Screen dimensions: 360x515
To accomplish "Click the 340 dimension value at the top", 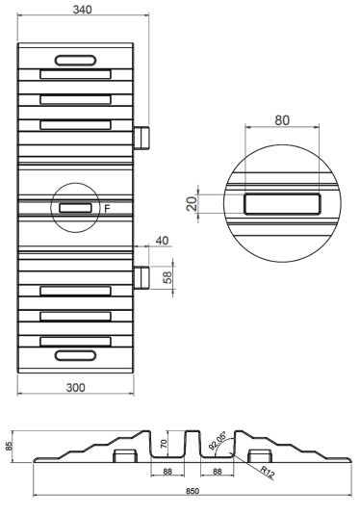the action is pyautogui.click(x=82, y=10).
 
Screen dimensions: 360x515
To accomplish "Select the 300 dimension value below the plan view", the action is pyautogui.click(x=75, y=388).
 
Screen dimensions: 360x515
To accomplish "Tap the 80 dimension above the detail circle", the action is pyautogui.click(x=282, y=120).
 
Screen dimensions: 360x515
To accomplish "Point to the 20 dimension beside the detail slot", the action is pyautogui.click(x=193, y=204).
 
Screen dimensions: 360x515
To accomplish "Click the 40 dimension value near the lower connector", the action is pyautogui.click(x=162, y=241).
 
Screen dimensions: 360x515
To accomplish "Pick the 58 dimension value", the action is pyautogui.click(x=167, y=277).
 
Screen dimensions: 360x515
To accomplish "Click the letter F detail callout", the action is pyautogui.click(x=107, y=209).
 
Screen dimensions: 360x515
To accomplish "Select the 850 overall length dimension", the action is pyautogui.click(x=193, y=491).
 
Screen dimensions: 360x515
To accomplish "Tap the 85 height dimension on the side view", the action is pyautogui.click(x=10, y=446).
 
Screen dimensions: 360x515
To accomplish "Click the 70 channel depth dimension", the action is pyautogui.click(x=165, y=444).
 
